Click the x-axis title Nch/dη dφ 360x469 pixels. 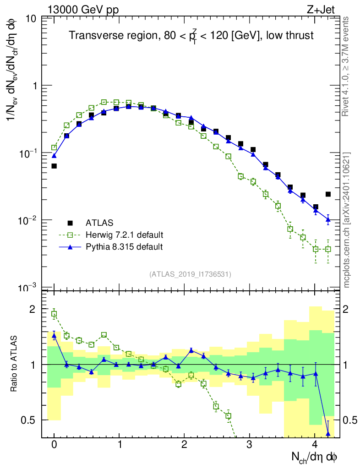coord(315,457)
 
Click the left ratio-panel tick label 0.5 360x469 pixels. coord(28,420)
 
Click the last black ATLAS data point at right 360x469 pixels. coord(328,194)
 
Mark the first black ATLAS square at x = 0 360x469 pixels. coord(54,166)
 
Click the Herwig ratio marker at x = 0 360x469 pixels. coord(54,314)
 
